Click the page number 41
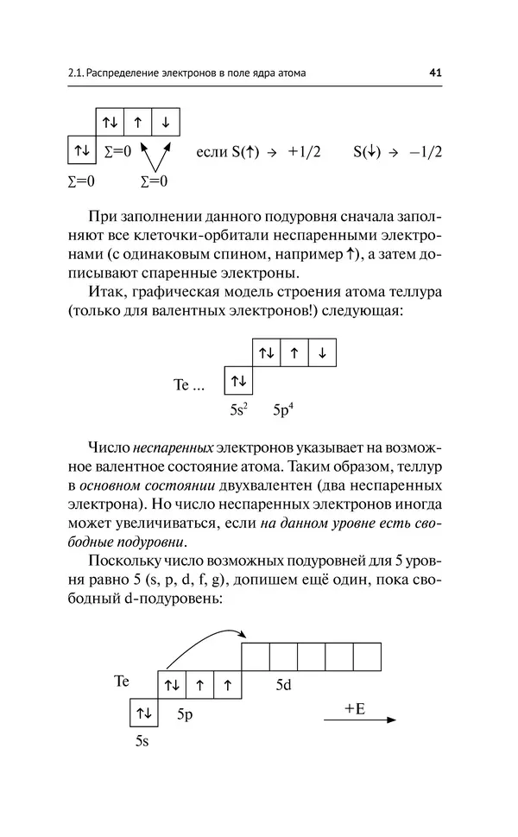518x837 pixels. pos(435,73)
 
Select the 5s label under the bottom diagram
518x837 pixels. pos(143,740)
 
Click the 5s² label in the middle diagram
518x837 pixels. pos(240,409)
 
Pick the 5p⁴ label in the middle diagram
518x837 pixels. pos(284,409)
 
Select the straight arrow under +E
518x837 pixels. pos(361,720)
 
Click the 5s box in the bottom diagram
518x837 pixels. pos(143,713)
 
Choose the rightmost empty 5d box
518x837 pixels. pos(366,656)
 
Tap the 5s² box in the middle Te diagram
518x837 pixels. pos(238,380)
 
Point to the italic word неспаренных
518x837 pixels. pos(173,449)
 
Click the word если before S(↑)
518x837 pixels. pos(212,152)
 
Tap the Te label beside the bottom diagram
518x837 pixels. pos(122,682)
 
